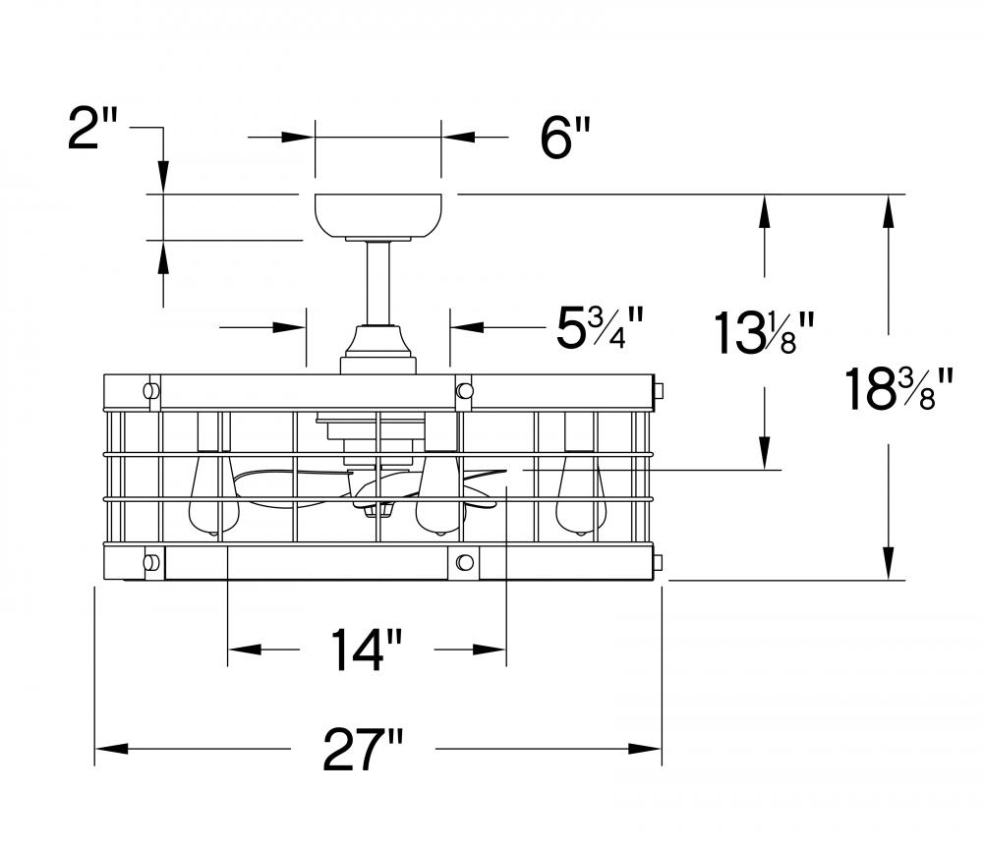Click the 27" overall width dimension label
[364, 749]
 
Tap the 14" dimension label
[367, 650]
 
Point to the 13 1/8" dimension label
[764, 333]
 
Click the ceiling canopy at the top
[378, 216]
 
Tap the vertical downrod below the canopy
[378, 283]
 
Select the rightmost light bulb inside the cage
[581, 493]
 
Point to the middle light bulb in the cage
[440, 493]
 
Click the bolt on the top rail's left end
[149, 390]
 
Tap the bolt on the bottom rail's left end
[149, 561]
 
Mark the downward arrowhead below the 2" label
[163, 177]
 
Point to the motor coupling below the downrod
[378, 350]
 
